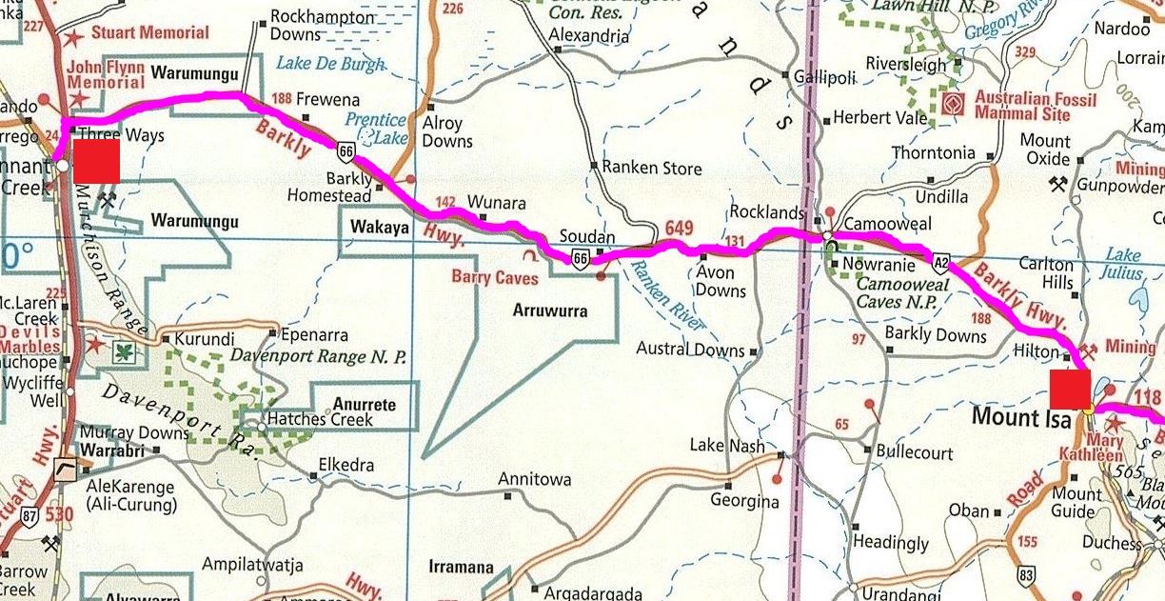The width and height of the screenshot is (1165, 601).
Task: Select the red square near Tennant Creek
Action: coord(96,161)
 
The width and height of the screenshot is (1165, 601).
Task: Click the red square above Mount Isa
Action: coord(1071,389)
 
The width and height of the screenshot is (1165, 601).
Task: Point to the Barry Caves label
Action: coord(495,277)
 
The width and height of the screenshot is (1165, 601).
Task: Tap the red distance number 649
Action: coord(680,230)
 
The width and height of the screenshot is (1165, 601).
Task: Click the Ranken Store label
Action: coord(653,169)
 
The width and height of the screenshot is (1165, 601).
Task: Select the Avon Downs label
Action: coord(721,282)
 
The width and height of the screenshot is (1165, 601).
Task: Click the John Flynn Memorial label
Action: coord(106,75)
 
